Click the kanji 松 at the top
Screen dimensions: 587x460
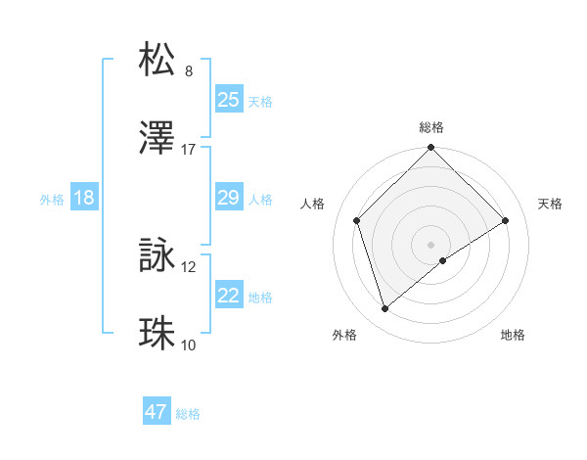pyautogui.click(x=158, y=60)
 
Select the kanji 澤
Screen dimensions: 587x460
pyautogui.click(x=158, y=139)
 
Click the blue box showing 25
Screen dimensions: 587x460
pyautogui.click(x=229, y=99)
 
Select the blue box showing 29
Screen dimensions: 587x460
pyautogui.click(x=229, y=198)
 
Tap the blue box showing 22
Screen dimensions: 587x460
pyautogui.click(x=229, y=296)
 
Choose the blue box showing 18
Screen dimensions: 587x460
pyautogui.click(x=84, y=198)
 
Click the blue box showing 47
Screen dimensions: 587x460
pyautogui.click(x=157, y=412)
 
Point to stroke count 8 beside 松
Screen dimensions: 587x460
pyautogui.click(x=189, y=71)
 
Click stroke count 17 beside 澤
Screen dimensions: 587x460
pyautogui.click(x=189, y=150)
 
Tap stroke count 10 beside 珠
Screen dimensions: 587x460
pyautogui.click(x=189, y=345)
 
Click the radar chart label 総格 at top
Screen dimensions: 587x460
pyautogui.click(x=431, y=127)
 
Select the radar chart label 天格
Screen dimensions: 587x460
pyautogui.click(x=550, y=204)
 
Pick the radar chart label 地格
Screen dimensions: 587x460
pyautogui.click(x=513, y=335)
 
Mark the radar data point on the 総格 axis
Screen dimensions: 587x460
pyautogui.click(x=431, y=149)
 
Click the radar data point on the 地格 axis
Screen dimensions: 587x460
pyautogui.click(x=443, y=260)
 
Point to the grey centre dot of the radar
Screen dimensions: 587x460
pyautogui.click(x=431, y=244)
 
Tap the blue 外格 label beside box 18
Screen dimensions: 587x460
pyautogui.click(x=52, y=199)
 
